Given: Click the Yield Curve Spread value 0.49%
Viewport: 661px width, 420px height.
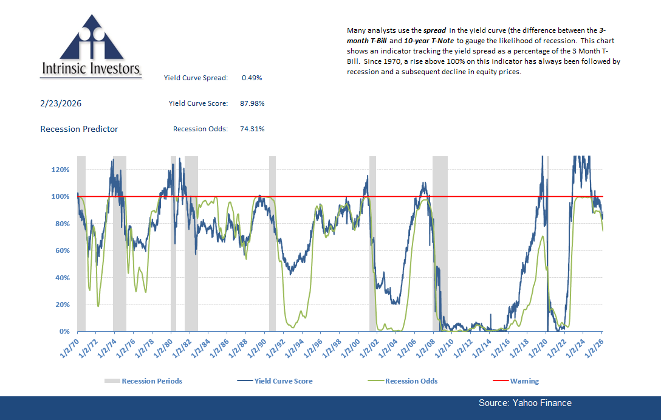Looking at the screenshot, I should (252, 78).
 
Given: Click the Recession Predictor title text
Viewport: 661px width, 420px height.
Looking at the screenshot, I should (79, 129).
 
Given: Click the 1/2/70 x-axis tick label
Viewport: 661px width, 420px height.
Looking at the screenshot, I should (69, 345).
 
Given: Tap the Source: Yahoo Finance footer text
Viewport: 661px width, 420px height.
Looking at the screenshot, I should (525, 403).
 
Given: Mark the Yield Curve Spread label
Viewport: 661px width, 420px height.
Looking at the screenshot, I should (196, 78).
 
